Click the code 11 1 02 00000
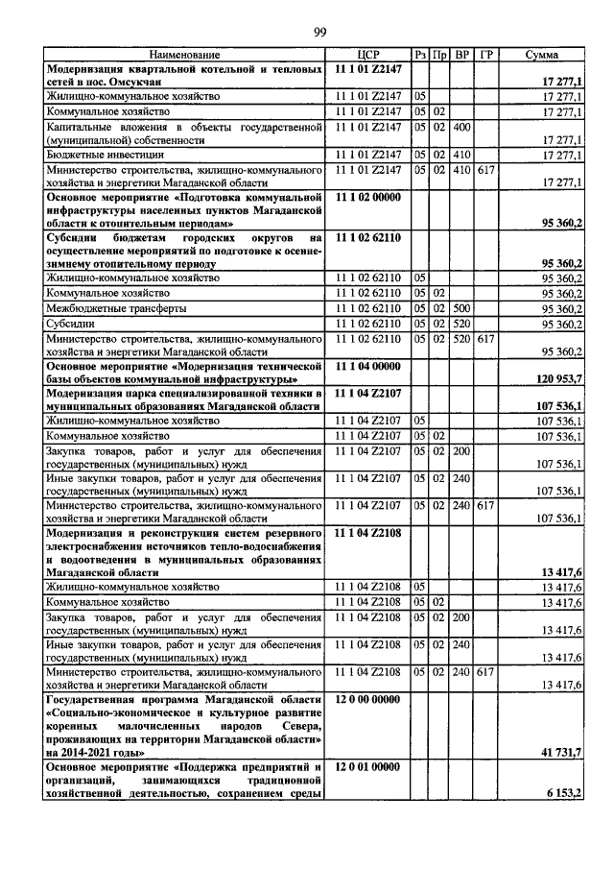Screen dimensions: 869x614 (369, 196)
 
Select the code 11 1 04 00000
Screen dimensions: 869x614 (369, 367)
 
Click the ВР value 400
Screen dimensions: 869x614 (461, 127)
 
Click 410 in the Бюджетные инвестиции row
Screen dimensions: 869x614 (461, 154)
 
